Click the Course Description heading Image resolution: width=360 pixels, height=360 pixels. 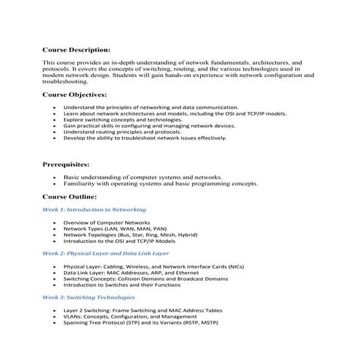[x=76, y=51]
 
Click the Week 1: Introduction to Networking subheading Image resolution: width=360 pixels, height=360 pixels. [x=94, y=209]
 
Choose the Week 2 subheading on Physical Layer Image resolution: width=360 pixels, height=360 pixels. [x=105, y=254]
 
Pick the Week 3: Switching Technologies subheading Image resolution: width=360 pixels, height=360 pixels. [x=88, y=298]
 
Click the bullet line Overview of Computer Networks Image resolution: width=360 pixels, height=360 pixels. [x=106, y=222]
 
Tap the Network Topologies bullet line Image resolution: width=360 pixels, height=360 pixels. [x=130, y=235]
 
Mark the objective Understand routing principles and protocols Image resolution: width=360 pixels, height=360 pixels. [x=121, y=132]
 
